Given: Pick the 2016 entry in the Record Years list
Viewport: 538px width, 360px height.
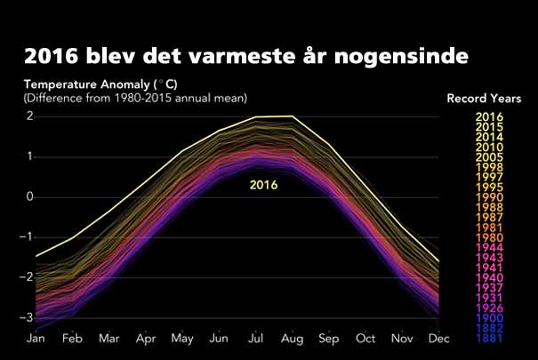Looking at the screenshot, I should coord(489,116).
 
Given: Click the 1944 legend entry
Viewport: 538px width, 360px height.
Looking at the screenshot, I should coord(489,247).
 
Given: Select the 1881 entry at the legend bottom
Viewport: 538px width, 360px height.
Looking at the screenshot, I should coord(489,339).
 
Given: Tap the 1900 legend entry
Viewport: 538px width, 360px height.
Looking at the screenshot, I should coord(489,317).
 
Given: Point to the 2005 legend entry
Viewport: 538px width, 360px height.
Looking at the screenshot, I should coord(489,156).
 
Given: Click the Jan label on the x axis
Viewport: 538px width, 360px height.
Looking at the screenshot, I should coord(36,339).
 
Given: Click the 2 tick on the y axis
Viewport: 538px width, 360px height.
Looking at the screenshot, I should coord(29,116).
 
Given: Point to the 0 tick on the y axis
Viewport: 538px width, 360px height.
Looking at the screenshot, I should coord(29,196).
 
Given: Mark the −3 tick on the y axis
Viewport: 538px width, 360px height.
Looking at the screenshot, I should coord(28,317).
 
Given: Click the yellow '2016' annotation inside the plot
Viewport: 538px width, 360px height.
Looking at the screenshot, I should coord(263,186).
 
